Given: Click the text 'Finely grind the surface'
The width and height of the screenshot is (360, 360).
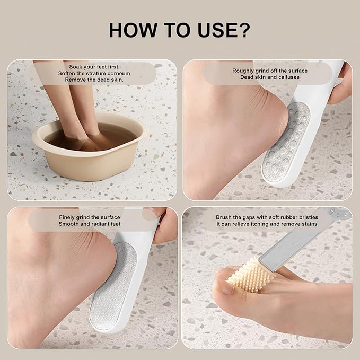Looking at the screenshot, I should coord(90,217).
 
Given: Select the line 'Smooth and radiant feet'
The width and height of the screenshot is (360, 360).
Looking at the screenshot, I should coord(90,224).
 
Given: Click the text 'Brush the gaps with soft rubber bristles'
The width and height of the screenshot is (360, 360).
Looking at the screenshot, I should coord(266,217).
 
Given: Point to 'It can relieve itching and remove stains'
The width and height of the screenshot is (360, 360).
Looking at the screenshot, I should coord(266,224).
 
